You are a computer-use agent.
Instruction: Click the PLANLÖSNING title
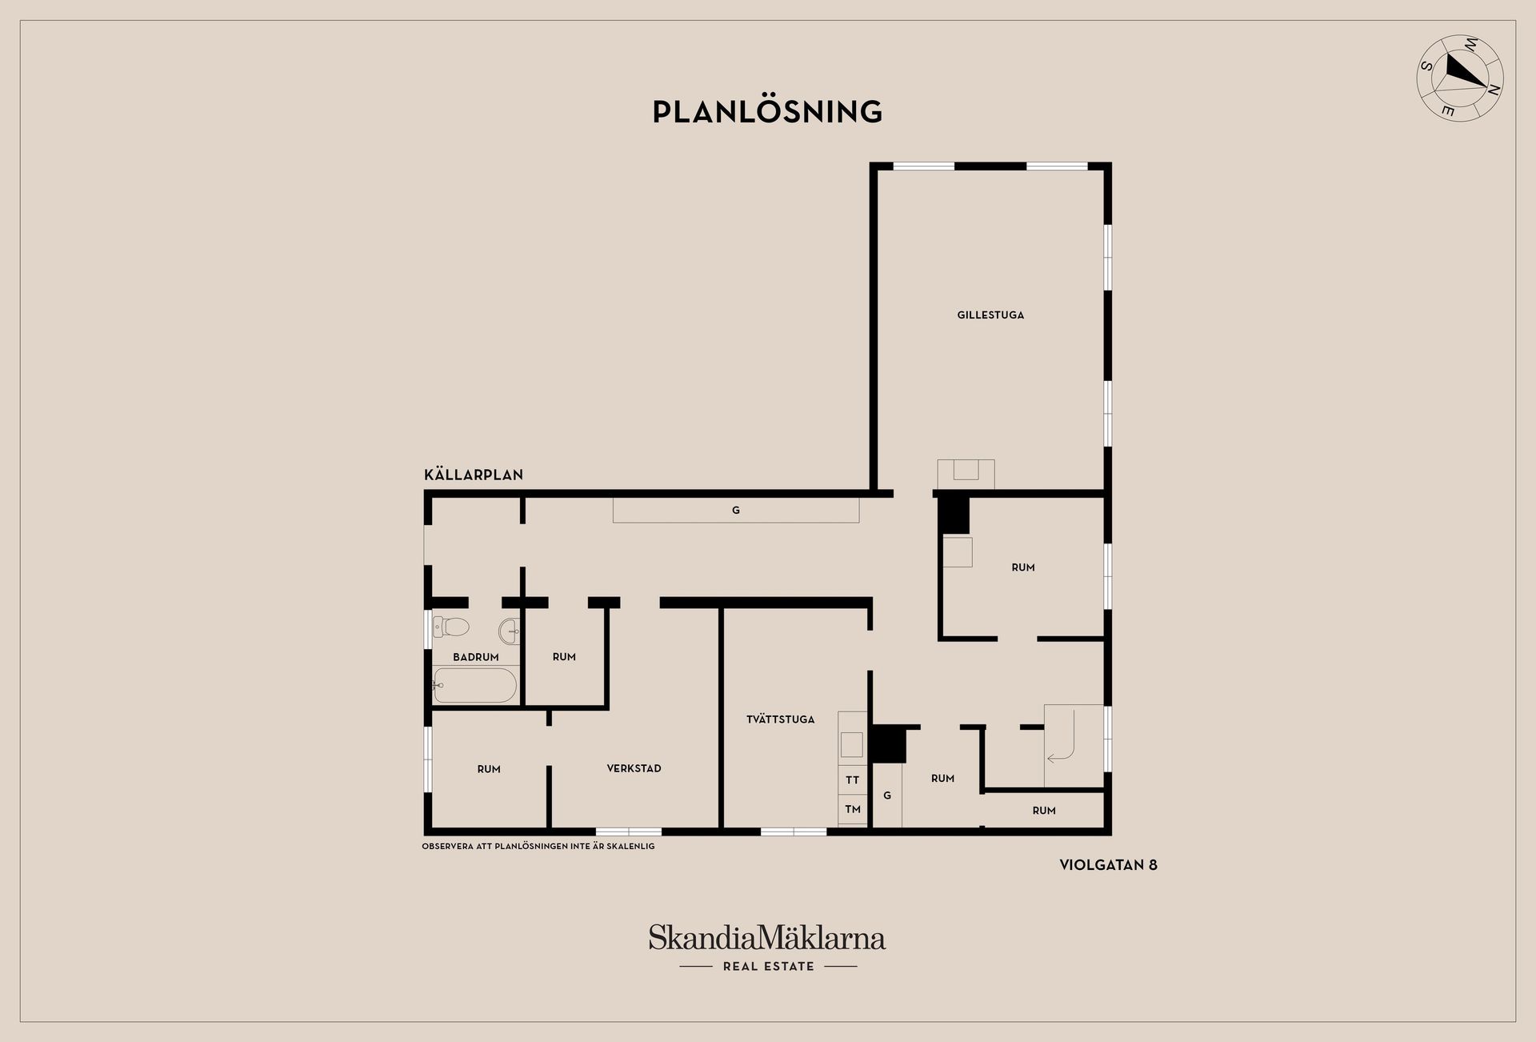point(767,111)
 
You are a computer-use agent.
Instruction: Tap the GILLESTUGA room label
point(990,315)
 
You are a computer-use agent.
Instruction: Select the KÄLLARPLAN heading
point(474,475)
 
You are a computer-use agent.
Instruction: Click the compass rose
point(1460,78)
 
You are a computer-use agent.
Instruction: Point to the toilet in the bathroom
point(450,627)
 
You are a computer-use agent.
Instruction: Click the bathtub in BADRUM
point(474,685)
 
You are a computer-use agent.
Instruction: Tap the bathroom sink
point(510,631)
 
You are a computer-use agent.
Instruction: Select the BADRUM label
point(476,657)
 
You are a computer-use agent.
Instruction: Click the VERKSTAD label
point(634,768)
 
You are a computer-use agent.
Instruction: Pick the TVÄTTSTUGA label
point(780,719)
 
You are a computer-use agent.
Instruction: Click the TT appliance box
point(853,779)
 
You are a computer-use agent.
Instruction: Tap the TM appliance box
point(853,809)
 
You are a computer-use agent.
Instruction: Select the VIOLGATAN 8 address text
point(1108,865)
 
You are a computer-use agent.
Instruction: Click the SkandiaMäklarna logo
point(767,938)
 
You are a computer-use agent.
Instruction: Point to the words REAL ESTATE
point(768,967)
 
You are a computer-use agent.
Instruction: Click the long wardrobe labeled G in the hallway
point(736,510)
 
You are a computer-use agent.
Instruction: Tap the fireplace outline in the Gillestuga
point(966,474)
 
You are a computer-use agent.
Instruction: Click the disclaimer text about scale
point(538,846)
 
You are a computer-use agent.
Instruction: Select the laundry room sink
point(851,744)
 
